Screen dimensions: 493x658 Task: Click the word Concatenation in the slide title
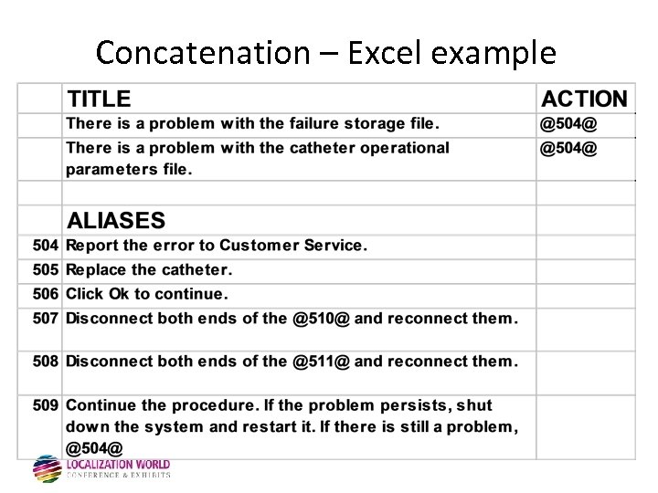(x=203, y=53)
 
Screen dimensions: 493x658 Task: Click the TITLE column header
(x=99, y=100)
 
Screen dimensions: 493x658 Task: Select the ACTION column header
(x=585, y=100)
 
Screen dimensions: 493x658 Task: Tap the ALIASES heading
(x=116, y=221)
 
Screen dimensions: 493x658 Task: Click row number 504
(x=46, y=246)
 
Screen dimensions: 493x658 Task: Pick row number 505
(x=46, y=270)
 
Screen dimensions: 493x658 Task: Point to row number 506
(x=46, y=294)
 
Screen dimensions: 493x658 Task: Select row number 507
(x=46, y=319)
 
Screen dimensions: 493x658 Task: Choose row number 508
(x=46, y=362)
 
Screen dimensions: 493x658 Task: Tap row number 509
(x=46, y=405)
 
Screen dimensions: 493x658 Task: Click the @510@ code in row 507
(x=321, y=319)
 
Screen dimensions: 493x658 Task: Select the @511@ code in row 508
(x=321, y=362)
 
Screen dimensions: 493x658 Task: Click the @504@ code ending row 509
(x=94, y=448)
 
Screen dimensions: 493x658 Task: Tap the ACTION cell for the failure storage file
(x=568, y=123)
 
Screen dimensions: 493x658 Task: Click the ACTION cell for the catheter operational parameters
(x=568, y=148)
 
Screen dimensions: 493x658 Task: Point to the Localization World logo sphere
(x=47, y=468)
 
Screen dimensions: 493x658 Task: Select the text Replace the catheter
(x=149, y=270)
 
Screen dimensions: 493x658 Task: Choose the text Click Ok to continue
(x=147, y=294)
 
